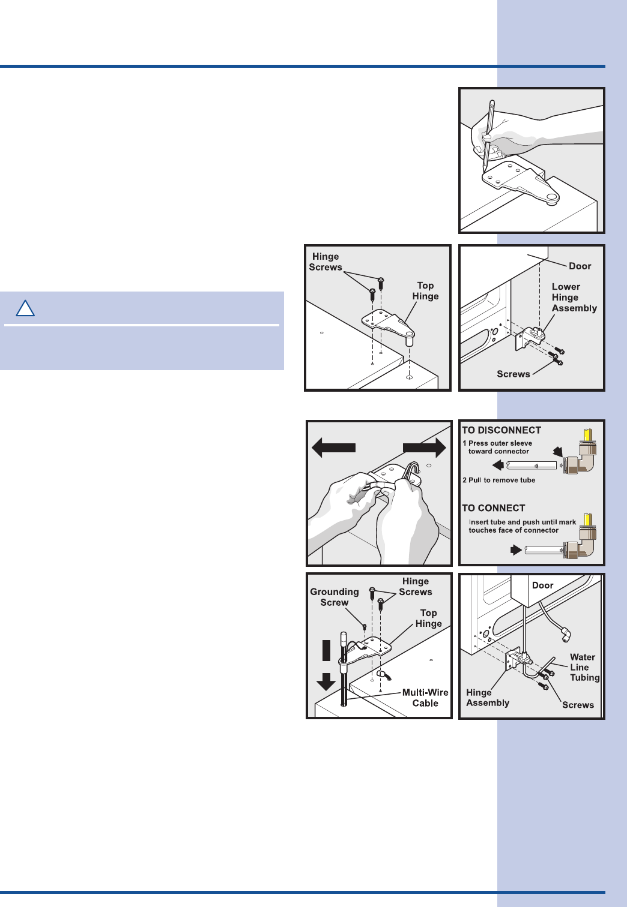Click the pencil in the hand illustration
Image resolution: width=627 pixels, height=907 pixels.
coord(489,132)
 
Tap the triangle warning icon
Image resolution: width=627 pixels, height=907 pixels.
coord(25,309)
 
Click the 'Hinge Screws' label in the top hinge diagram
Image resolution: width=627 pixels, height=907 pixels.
coord(326,262)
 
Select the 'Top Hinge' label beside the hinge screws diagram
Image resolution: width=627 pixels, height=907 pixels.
coord(425,291)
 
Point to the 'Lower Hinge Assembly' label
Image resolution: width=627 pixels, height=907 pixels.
coord(574,298)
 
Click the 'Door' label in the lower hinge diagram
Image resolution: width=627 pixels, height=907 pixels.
coord(580,266)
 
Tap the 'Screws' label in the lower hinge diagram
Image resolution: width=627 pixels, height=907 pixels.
coord(513,374)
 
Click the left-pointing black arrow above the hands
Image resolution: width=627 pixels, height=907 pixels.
coord(334,448)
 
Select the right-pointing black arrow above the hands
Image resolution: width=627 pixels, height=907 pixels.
coord(424,448)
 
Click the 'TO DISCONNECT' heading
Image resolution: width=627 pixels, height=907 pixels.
coord(501,430)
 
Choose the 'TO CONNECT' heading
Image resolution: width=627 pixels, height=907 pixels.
coord(494,508)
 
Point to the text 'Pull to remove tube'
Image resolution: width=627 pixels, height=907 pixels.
coord(501,480)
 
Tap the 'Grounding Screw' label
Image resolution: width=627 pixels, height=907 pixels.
coord(335,597)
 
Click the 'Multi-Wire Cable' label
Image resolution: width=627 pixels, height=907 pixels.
coord(425,698)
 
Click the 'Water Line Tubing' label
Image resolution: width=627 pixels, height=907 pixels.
coord(584,668)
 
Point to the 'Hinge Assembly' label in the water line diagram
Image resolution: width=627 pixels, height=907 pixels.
coord(488,698)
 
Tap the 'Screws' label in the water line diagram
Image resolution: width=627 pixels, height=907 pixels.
coord(578,705)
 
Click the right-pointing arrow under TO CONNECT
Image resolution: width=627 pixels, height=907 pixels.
coord(515,549)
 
